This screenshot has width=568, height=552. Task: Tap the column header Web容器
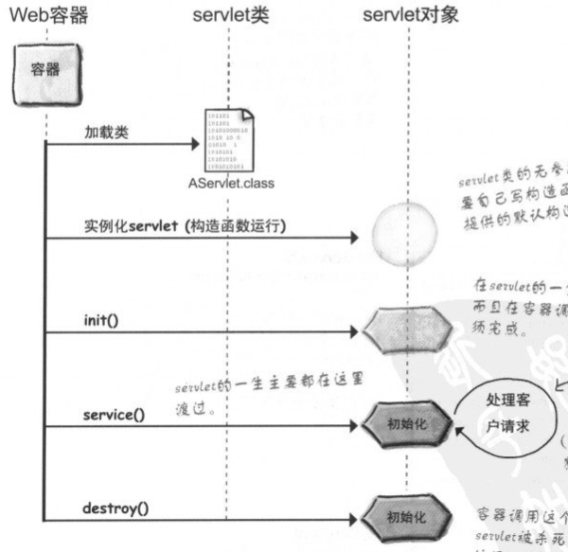coord(48,14)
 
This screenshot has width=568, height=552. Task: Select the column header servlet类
coord(228,14)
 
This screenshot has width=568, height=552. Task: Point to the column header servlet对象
coord(409,14)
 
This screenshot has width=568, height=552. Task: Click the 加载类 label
coord(104,133)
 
